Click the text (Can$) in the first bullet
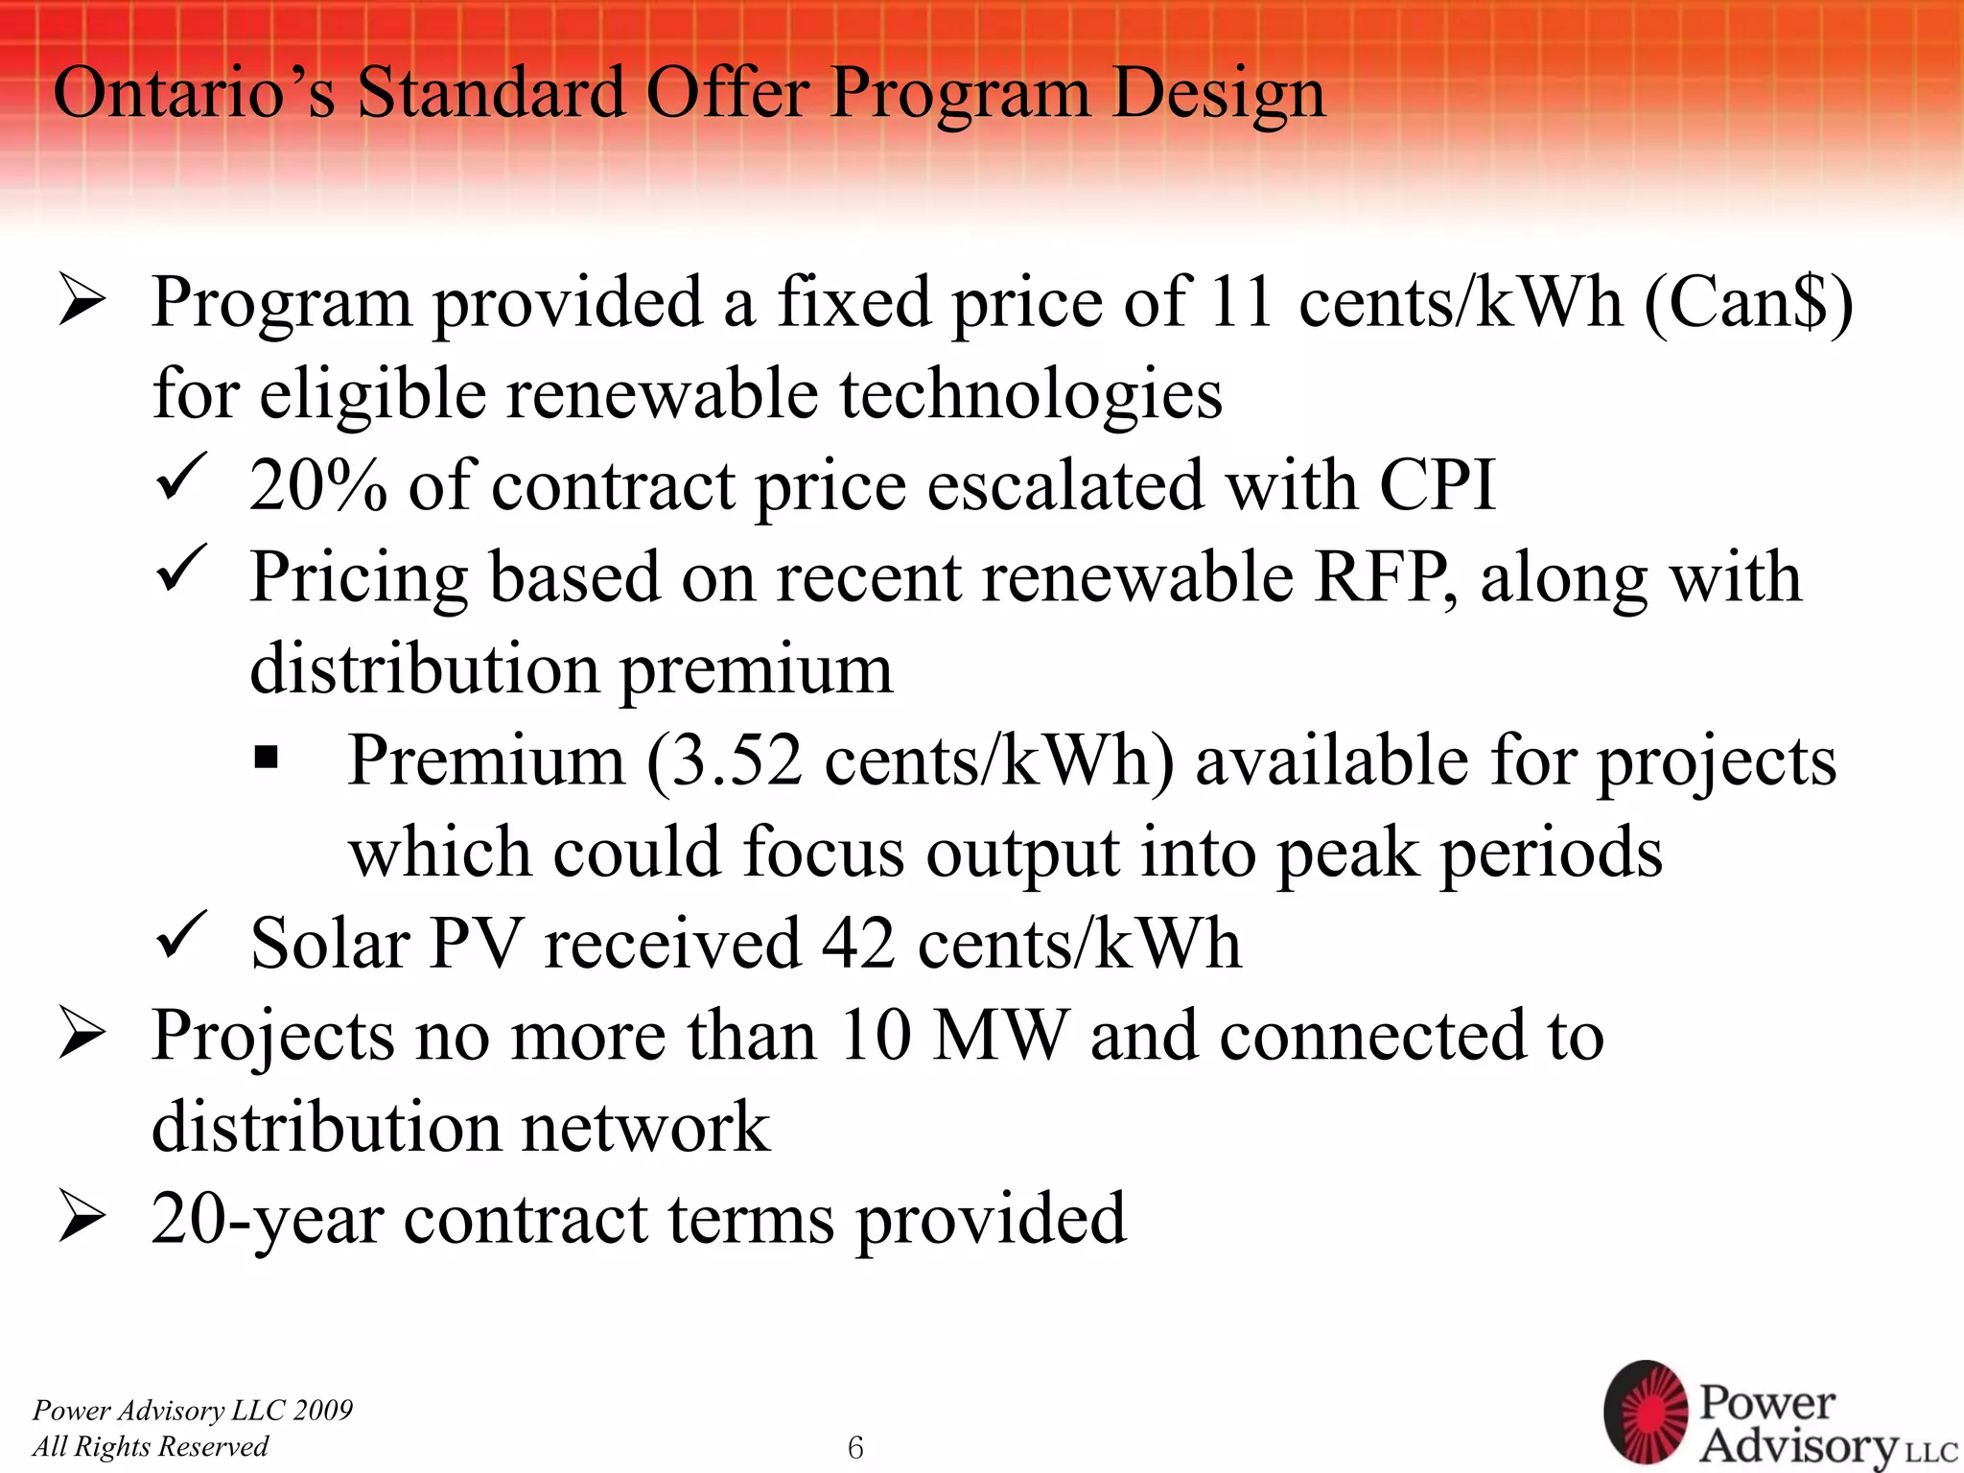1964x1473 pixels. pyautogui.click(x=1748, y=303)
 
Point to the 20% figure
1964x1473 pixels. pyautogui.click(x=317, y=485)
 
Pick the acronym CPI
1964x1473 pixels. pyautogui.click(x=1437, y=485)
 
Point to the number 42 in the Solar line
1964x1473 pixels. pyautogui.click(x=858, y=944)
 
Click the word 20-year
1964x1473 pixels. pyautogui.click(x=267, y=1220)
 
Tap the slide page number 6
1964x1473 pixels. pyautogui.click(x=855, y=1447)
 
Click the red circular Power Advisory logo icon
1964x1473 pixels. pyautogui.click(x=1646, y=1412)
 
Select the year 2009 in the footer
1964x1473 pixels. pyautogui.click(x=323, y=1410)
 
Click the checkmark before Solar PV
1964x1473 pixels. pyautogui.click(x=180, y=936)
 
